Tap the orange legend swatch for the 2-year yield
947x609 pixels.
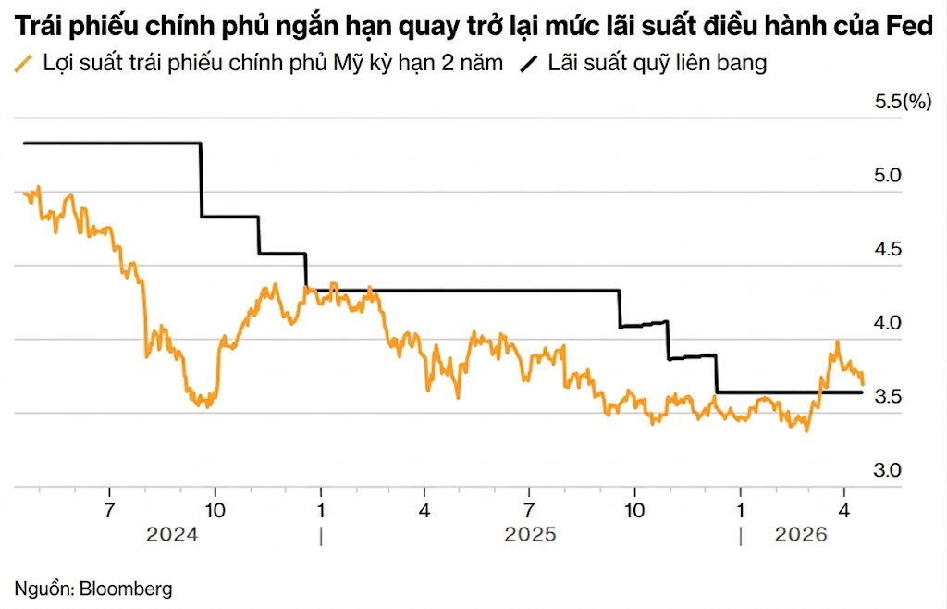[x=24, y=64]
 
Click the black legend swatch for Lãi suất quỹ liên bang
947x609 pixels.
[x=530, y=64]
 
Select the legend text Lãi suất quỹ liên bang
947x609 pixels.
[x=657, y=64]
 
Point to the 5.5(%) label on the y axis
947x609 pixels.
[x=903, y=102]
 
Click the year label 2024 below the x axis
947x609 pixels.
[x=173, y=535]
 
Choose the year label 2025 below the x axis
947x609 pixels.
[x=530, y=535]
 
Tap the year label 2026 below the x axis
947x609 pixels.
[x=801, y=535]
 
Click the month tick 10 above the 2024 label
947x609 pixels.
[x=215, y=510]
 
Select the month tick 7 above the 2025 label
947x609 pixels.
[x=529, y=510]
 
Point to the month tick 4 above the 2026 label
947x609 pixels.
[x=843, y=510]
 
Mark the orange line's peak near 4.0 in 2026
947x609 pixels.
[x=837, y=342]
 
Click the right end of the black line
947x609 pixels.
[x=861, y=392]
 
